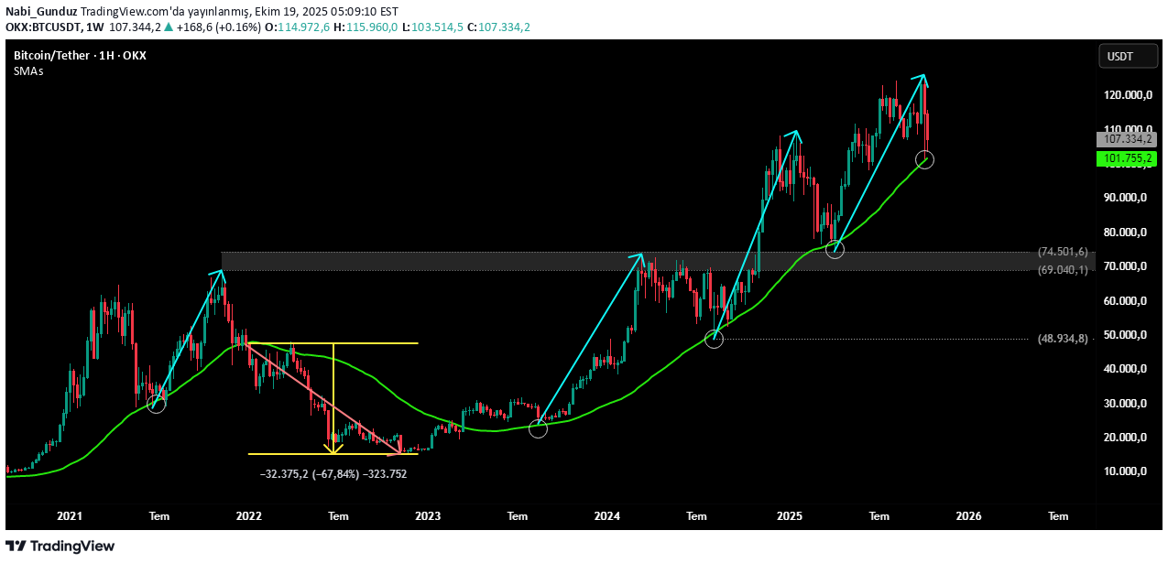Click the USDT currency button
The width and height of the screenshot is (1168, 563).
(x=1119, y=57)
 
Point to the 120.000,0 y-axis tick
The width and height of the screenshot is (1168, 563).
(x=1126, y=94)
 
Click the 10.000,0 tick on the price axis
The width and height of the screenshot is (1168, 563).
(x=1126, y=471)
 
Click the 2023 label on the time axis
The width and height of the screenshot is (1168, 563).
(x=428, y=516)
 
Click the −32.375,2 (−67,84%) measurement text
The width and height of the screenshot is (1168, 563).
(x=333, y=474)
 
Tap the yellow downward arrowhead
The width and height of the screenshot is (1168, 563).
(x=334, y=449)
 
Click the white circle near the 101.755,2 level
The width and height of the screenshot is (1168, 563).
(x=924, y=161)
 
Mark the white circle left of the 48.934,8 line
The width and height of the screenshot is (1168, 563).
(x=715, y=340)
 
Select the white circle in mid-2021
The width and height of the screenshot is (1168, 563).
(x=157, y=404)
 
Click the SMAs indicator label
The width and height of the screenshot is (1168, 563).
(x=28, y=70)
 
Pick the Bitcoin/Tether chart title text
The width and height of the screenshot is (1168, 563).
(x=80, y=56)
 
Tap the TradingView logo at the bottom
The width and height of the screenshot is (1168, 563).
(x=60, y=547)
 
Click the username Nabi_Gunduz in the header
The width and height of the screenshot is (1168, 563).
(x=40, y=12)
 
